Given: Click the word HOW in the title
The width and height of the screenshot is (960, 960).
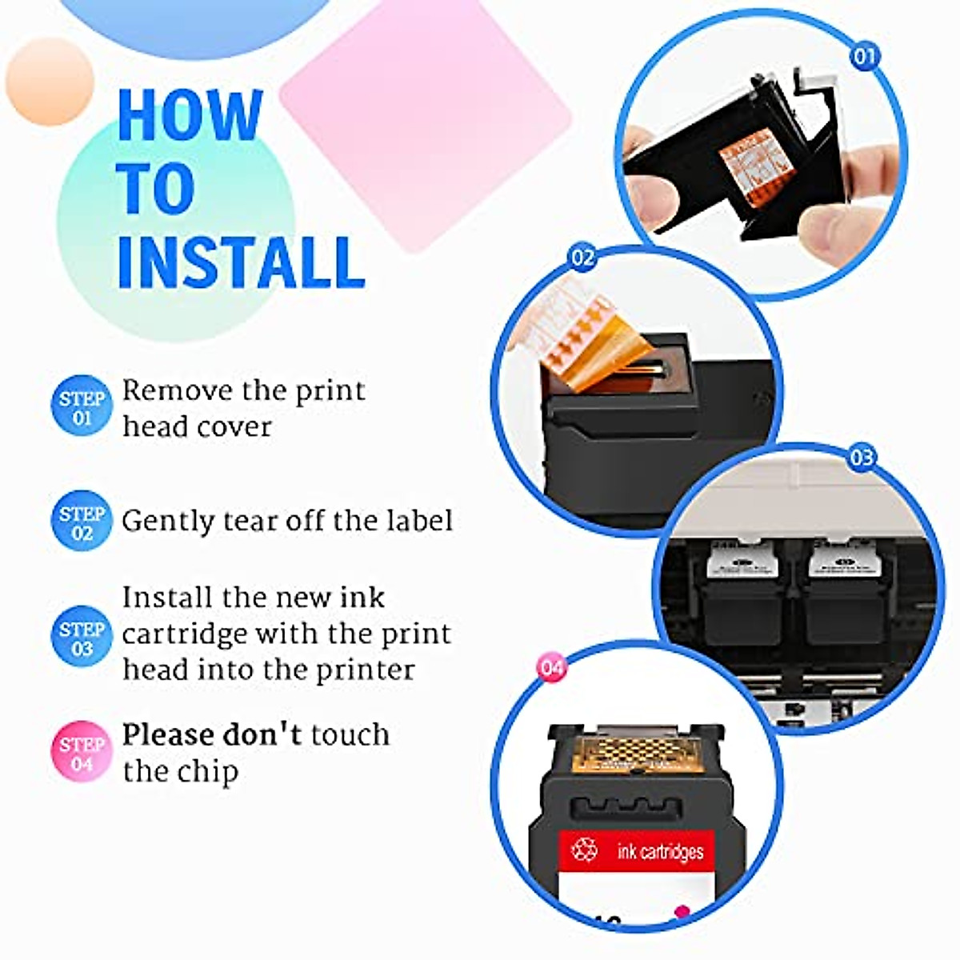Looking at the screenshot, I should pos(190,116).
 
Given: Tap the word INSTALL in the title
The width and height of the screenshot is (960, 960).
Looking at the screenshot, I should pos(240,262).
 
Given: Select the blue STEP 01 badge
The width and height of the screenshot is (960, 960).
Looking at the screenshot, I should pos(82,406).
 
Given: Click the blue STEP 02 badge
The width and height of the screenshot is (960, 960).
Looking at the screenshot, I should pos(82,522).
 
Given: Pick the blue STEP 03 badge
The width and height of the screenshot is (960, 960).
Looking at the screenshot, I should pos(82,638).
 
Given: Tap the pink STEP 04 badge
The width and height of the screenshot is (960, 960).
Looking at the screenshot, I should pos(82,753).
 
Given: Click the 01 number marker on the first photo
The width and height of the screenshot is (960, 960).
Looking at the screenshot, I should pos(864,56).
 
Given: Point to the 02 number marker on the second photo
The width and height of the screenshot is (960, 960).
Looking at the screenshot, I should pos(582,258).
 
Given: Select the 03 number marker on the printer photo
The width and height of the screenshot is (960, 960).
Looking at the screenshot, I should pos(862,458).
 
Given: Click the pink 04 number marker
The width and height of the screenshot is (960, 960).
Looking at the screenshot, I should pos(551,667).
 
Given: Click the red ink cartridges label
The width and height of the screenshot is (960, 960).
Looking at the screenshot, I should pos(636,850).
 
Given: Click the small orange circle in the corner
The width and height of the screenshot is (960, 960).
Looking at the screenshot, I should pos(50,82).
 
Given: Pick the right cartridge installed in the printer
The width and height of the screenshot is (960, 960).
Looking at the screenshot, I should pos(844,592).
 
